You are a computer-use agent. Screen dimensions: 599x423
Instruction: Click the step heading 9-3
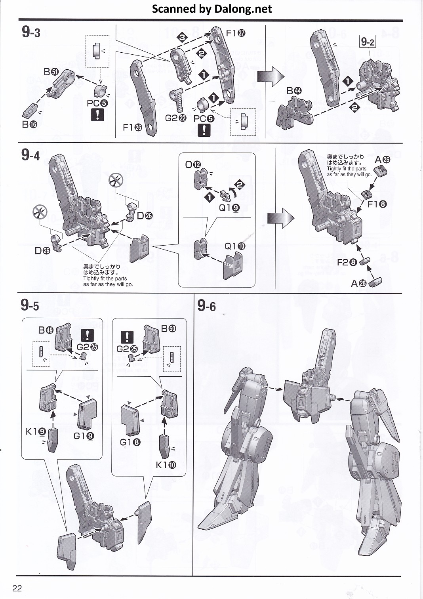pyautogui.click(x=31, y=32)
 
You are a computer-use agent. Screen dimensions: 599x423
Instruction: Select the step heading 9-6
pyautogui.click(x=206, y=306)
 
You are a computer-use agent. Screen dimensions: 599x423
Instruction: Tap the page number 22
pyautogui.click(x=17, y=588)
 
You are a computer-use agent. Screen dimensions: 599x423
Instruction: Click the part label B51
pyautogui.click(x=51, y=72)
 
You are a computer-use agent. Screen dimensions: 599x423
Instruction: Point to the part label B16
pyautogui.click(x=29, y=124)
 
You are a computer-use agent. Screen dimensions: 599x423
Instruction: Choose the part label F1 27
pyautogui.click(x=236, y=33)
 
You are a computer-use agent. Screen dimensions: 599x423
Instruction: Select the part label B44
pyautogui.click(x=294, y=91)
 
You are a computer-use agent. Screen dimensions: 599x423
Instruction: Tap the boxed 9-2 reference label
pyautogui.click(x=368, y=42)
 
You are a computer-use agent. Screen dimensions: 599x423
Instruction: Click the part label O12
pyautogui.click(x=193, y=164)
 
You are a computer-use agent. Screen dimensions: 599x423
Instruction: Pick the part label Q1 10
pyautogui.click(x=235, y=246)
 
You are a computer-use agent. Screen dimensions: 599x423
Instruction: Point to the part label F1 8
pyautogui.click(x=377, y=204)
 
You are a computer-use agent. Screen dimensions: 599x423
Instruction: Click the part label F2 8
pyautogui.click(x=347, y=262)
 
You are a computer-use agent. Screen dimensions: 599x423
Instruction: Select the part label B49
pyautogui.click(x=46, y=330)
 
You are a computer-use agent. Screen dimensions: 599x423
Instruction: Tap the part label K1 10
pyautogui.click(x=166, y=465)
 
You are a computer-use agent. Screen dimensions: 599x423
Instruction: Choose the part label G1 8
pyautogui.click(x=129, y=442)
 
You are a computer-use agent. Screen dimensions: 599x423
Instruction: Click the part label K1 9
pyautogui.click(x=36, y=431)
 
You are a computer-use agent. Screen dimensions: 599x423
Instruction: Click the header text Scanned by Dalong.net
pyautogui.click(x=212, y=9)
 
